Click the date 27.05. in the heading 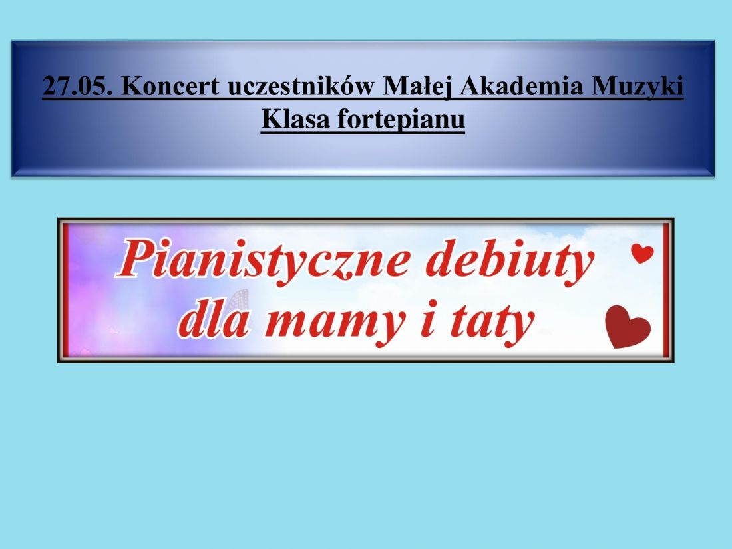tap(77, 86)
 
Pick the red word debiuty tap(510, 261)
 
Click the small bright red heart tap(642, 253)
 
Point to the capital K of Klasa tap(273, 118)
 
